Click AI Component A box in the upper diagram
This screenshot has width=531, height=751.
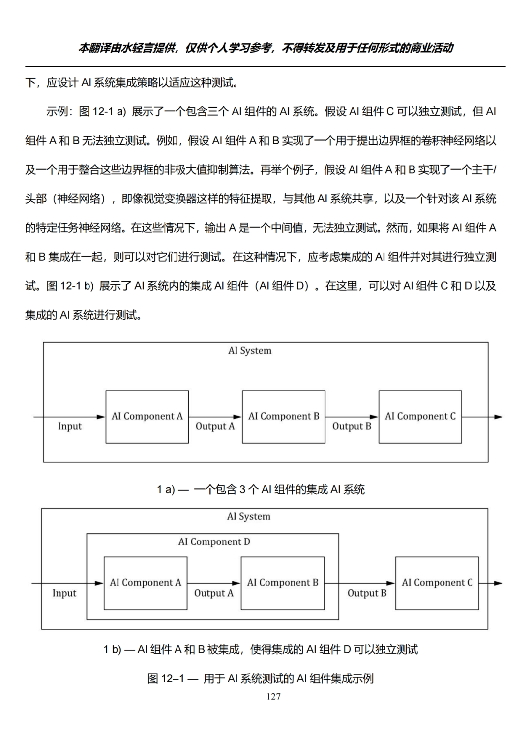[x=147, y=417]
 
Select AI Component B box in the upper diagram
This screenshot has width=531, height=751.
[x=284, y=417]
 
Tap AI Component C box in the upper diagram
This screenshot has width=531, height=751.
[x=420, y=417]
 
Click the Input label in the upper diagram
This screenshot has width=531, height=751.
[x=70, y=426]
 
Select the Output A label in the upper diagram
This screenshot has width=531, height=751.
[x=215, y=426]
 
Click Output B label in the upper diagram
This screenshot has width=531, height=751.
[x=352, y=426]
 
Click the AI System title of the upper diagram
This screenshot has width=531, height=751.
[x=250, y=351]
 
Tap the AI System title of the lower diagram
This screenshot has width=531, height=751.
[x=249, y=516]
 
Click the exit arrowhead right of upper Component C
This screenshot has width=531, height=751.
[x=499, y=417]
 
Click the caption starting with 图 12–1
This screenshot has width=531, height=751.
[x=261, y=678]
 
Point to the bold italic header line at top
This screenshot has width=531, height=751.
[x=265, y=48]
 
